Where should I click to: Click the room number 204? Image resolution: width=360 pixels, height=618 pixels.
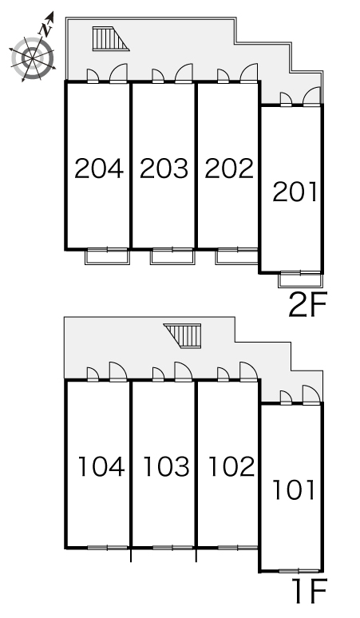point(99,168)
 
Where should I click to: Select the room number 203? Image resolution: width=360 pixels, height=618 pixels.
point(164,168)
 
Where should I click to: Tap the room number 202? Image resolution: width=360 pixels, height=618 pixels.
point(229,168)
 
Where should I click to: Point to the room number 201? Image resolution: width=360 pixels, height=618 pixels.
point(295,192)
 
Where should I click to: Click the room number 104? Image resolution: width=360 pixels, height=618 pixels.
point(101,466)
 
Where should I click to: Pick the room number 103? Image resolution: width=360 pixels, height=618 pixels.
point(166,466)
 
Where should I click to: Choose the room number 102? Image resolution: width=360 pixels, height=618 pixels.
point(231,466)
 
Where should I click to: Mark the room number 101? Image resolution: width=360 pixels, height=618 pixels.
point(294,490)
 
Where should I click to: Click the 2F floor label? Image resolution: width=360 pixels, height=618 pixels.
point(308,305)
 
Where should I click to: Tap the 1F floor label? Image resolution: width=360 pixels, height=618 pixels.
point(310,590)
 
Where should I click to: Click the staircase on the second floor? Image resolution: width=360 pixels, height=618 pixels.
point(111,38)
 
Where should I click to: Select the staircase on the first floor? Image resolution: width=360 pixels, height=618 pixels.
point(182,336)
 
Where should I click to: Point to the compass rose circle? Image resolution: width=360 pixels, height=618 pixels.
point(32,58)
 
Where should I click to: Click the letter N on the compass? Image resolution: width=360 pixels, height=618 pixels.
point(46,30)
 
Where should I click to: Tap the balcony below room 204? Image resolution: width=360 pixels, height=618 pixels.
point(107,256)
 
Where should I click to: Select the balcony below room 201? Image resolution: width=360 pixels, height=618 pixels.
point(300,279)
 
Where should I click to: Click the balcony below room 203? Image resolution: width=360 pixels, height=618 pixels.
point(172,256)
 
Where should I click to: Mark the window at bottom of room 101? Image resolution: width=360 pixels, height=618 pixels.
point(299,571)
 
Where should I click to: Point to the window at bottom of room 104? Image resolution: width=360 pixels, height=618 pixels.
point(108,548)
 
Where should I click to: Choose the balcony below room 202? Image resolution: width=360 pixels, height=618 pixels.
point(237,256)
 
